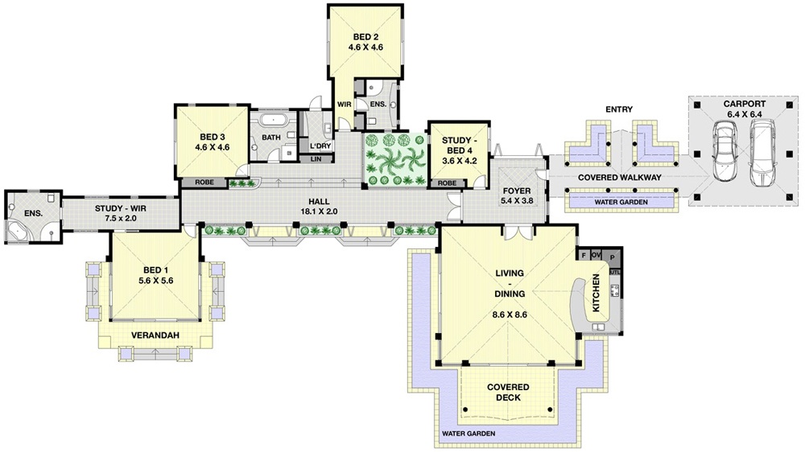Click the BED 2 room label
365,37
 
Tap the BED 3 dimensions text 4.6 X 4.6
212,147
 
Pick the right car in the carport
762,153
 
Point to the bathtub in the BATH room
273,121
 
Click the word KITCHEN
596,293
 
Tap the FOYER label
517,191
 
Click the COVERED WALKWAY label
620,178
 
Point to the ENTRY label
618,109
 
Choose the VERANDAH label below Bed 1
155,335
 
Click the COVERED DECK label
508,392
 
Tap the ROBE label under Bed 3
204,182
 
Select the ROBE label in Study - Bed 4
447,183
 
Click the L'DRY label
320,146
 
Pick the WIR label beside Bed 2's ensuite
344,104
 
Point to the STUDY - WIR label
121,209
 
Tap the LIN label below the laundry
316,159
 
